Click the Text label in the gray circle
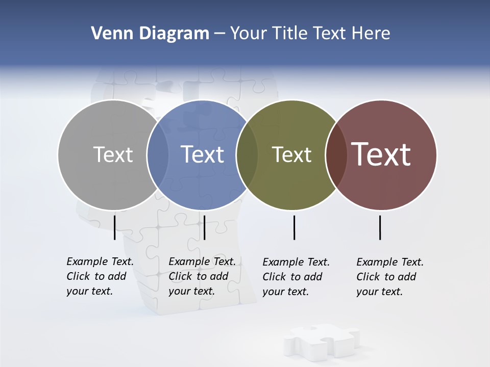tap(113, 154)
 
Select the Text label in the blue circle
tap(202, 154)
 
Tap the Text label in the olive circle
tap(291, 154)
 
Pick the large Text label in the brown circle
tap(381, 154)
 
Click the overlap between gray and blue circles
tap(158, 154)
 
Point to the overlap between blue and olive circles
tap(247, 154)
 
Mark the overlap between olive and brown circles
tap(336, 154)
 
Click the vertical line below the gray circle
tap(114, 227)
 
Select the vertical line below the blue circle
tap(204, 227)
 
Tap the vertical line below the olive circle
tap(294, 227)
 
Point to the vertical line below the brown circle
tap(380, 227)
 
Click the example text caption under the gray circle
tap(100, 276)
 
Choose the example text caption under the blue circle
tap(202, 276)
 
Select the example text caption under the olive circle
tap(296, 277)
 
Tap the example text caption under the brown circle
tap(390, 277)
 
